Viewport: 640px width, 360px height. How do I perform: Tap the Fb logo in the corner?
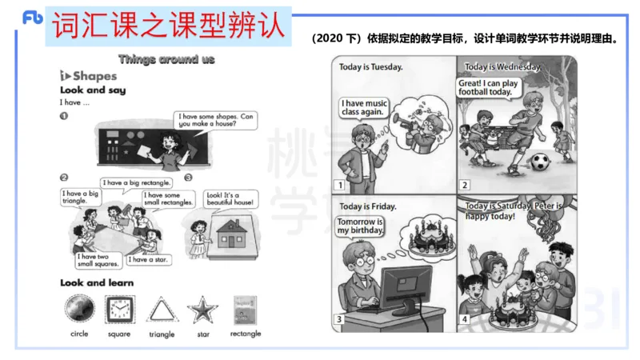32,18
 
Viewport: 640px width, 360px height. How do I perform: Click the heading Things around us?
166,59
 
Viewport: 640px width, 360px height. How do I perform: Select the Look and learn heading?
97,283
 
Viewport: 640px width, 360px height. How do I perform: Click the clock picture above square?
119,309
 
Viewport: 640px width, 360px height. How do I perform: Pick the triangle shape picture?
162,310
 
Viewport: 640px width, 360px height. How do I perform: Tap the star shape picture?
202,310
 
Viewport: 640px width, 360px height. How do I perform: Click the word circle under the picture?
79,334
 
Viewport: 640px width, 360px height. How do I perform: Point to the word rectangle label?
245,334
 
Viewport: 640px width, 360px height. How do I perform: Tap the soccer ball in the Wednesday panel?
541,163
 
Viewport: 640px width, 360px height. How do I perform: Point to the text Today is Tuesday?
370,67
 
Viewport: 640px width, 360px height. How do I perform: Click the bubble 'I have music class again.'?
364,107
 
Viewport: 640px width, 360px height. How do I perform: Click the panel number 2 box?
464,186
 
